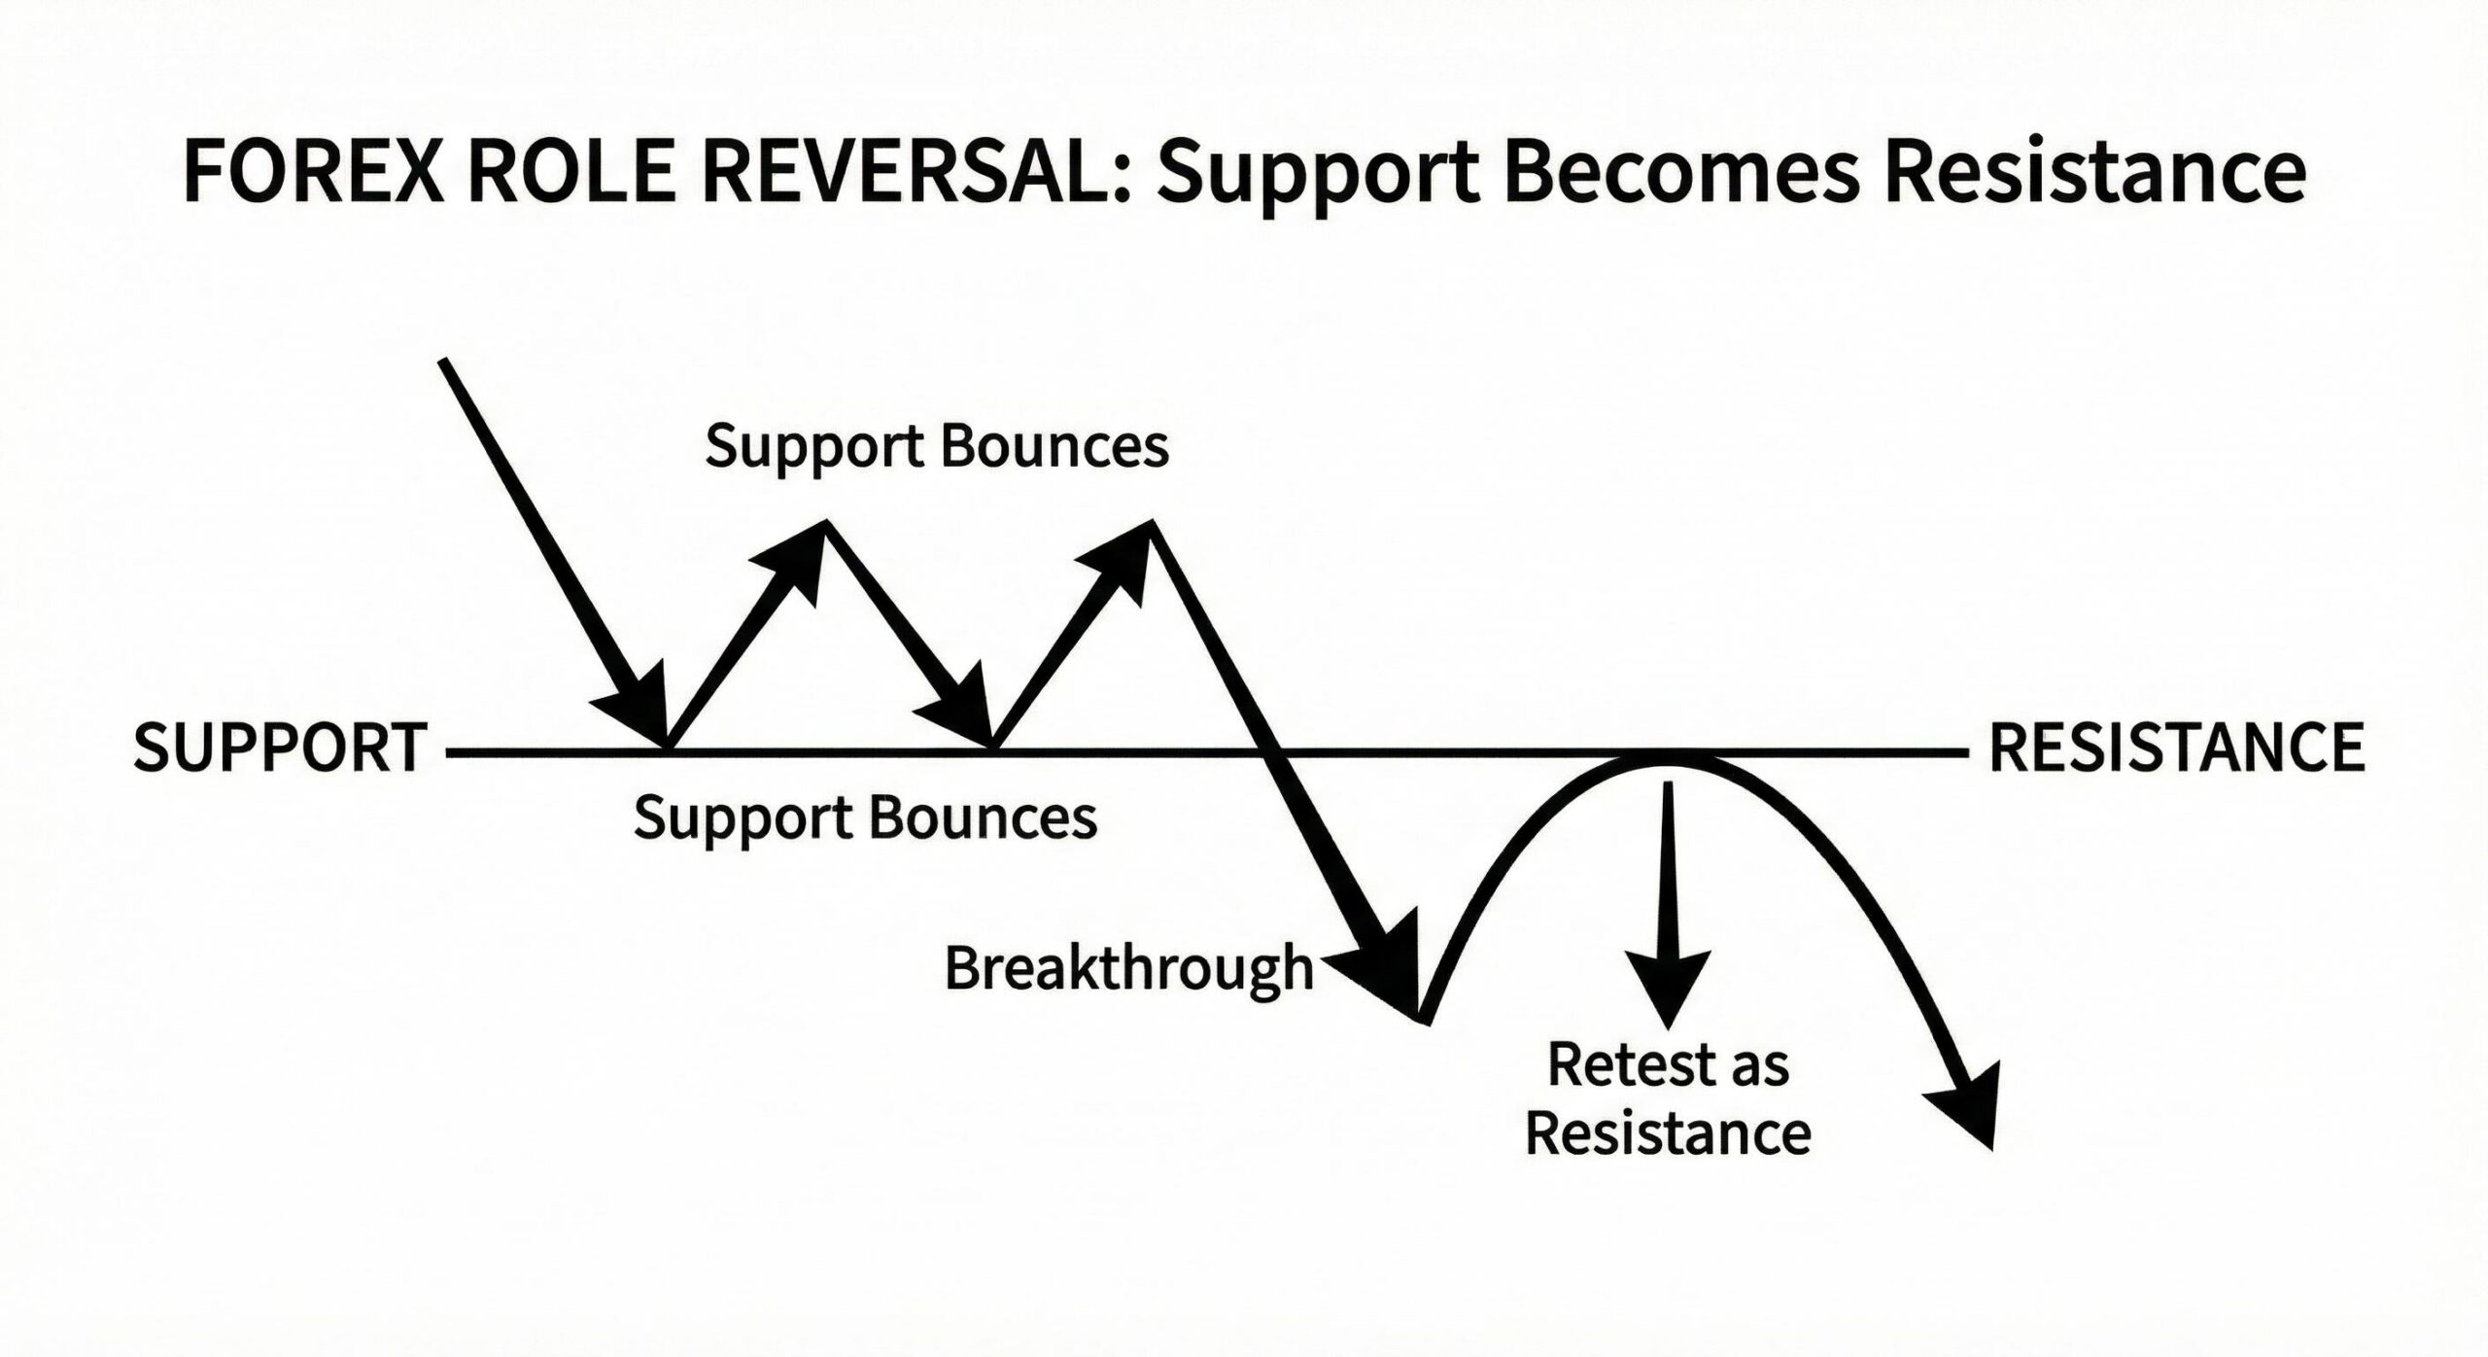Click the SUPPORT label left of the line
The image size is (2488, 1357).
pyautogui.click(x=280, y=748)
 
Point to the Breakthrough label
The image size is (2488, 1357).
pyautogui.click(x=1127, y=969)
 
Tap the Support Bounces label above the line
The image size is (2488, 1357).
pyautogui.click(x=937, y=447)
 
